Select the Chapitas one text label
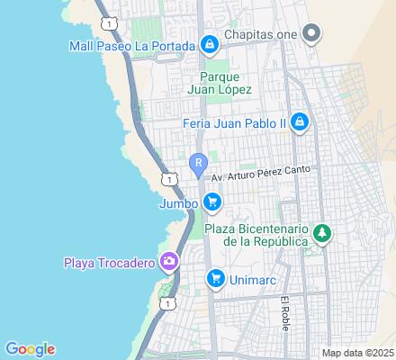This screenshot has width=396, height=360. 262,35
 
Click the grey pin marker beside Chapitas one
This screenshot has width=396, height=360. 312,35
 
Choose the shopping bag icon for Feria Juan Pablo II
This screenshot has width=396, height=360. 300,123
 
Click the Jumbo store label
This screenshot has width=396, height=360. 179,202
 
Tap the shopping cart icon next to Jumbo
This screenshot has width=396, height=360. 211,202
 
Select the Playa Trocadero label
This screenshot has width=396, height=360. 108,263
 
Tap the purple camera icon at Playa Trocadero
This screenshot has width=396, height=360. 167,262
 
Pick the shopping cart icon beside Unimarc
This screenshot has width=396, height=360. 214,280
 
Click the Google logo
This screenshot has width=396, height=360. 30,349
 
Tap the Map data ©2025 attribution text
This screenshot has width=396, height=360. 358,352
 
